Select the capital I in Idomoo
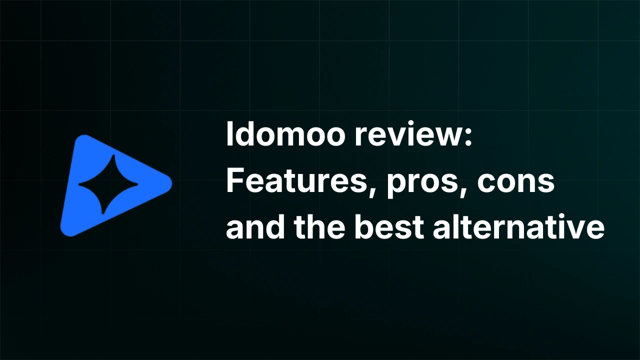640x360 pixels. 229,135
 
